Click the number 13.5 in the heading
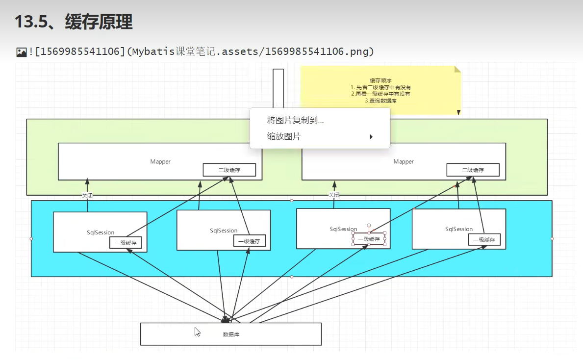31,22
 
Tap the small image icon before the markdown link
21,51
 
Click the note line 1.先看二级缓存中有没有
380,87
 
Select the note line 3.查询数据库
380,101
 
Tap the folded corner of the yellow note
457,69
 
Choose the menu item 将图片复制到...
295,120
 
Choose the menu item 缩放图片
284,136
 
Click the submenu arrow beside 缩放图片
371,137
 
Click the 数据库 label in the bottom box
231,334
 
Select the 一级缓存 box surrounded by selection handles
369,239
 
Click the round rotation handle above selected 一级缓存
369,226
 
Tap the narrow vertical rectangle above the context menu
278,88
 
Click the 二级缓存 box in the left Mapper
229,170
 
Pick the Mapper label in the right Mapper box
404,161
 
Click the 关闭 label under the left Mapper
87,195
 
